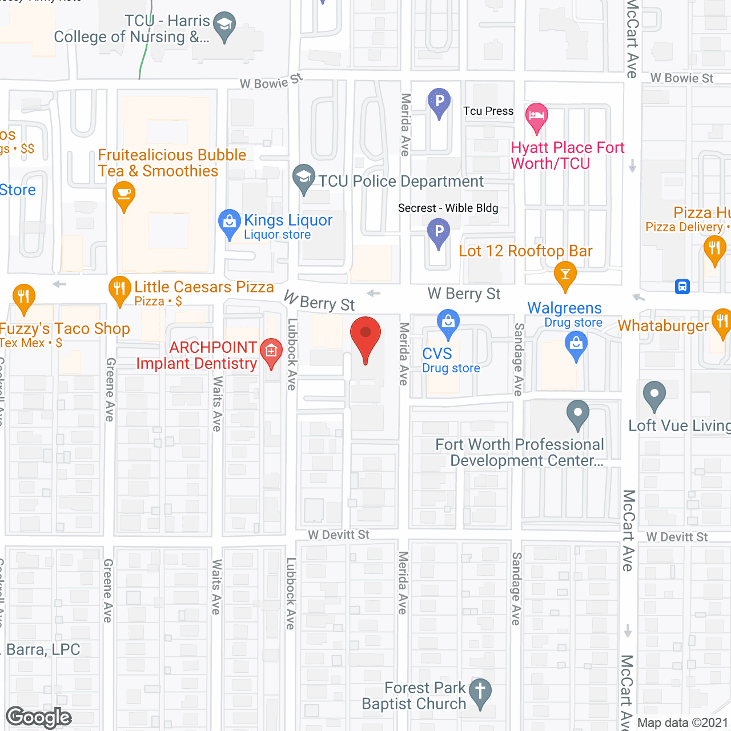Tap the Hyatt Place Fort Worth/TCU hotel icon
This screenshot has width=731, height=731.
coord(536,117)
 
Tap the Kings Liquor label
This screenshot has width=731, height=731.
coord(288,220)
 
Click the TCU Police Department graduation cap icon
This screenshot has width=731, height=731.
coord(304,178)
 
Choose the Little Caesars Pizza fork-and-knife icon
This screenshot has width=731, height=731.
coord(119,290)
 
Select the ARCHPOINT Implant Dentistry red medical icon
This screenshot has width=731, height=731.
coord(271,351)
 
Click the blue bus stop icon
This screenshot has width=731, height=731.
coord(682,287)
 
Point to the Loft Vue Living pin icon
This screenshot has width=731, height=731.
coord(654,395)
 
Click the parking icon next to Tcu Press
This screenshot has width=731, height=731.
coord(439,102)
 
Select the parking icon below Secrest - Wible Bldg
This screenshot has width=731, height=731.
coord(439,232)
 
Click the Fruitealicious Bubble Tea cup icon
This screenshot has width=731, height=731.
coord(124,194)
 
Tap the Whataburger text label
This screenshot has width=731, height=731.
coord(663,326)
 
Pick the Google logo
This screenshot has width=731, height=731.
coord(39,717)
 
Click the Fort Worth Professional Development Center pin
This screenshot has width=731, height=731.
coord(577,413)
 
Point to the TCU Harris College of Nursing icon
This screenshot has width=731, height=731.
coord(224,26)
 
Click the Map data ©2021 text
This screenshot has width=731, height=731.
coord(682,722)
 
